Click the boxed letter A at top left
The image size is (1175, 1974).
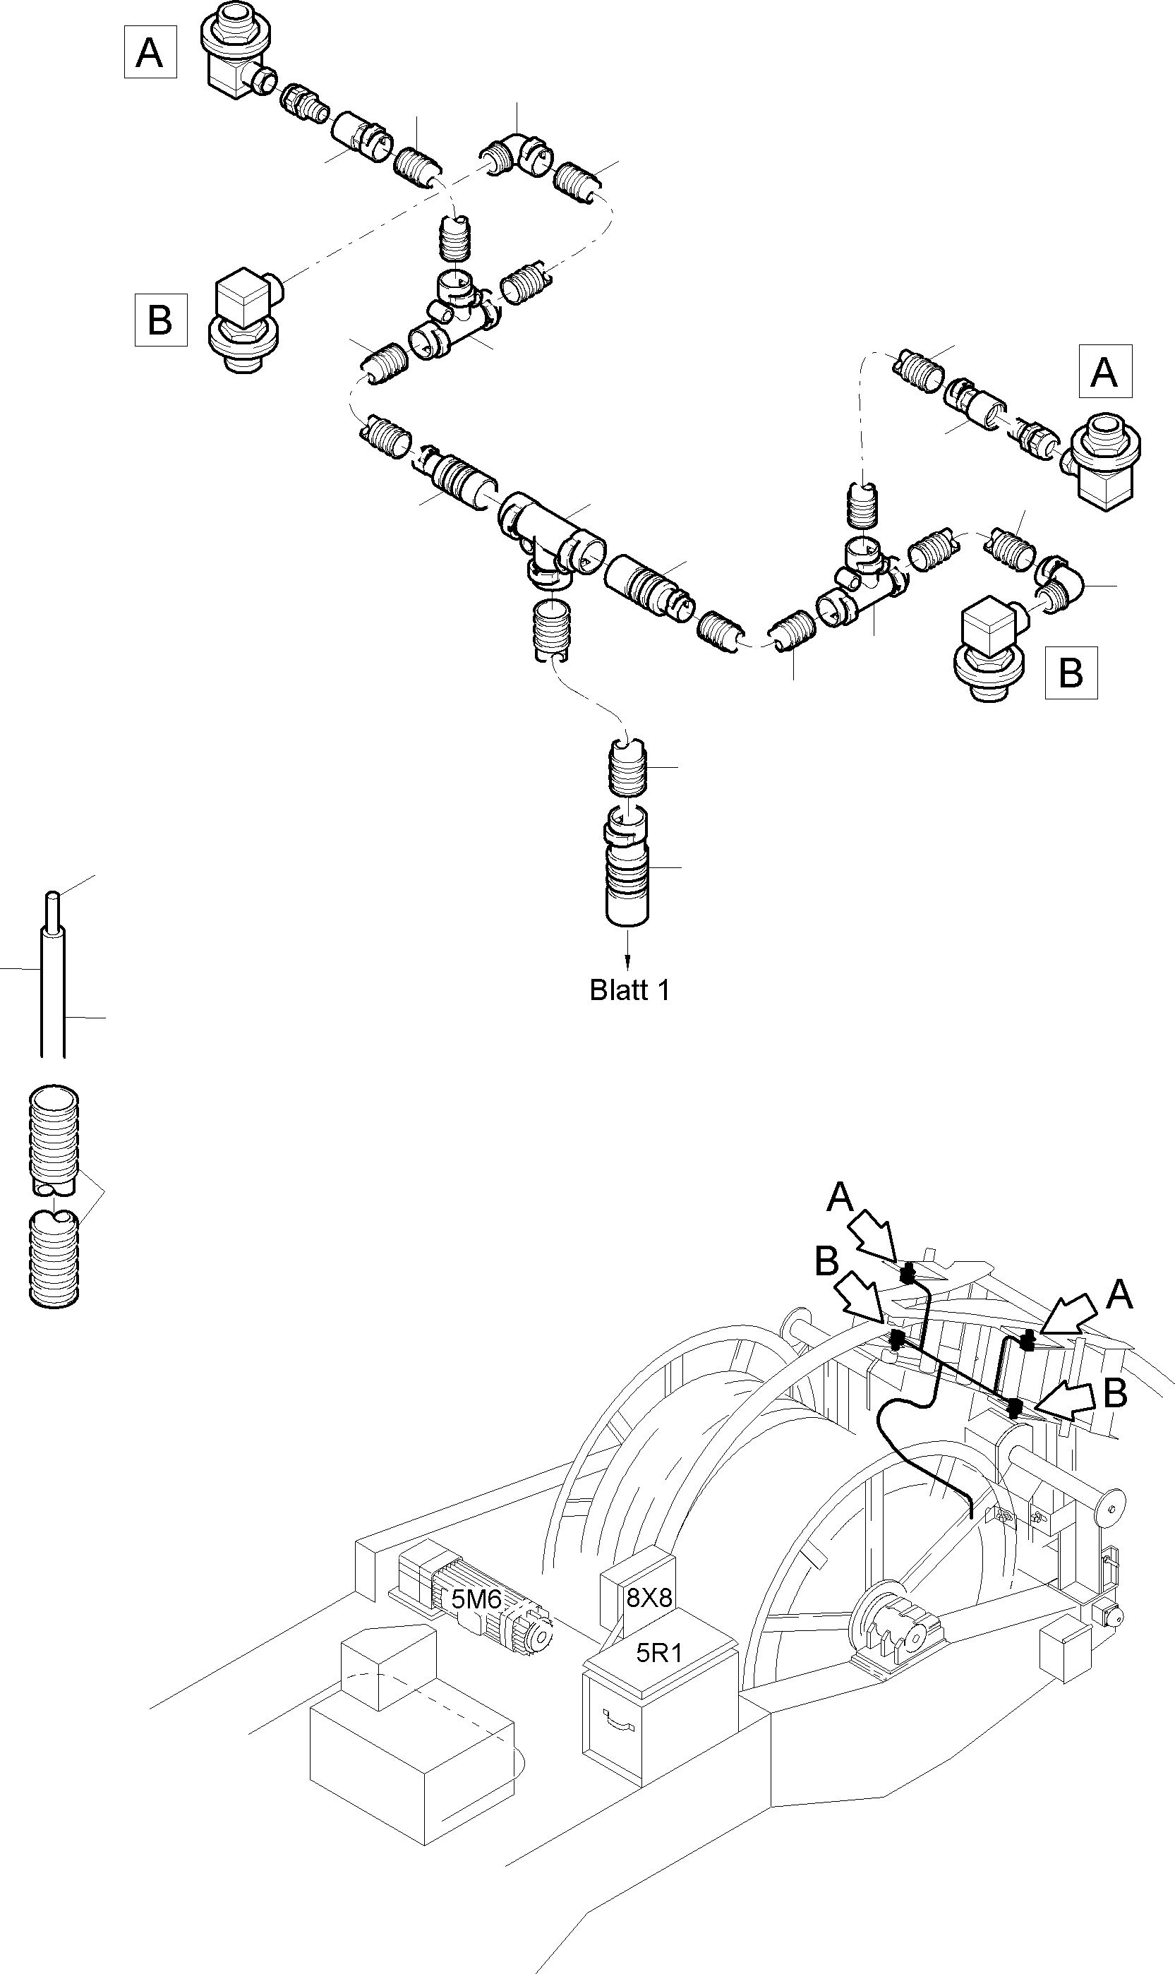point(150,52)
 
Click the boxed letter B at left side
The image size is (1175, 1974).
point(161,320)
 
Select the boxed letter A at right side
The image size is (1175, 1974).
point(1104,371)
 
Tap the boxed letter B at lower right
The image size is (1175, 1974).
point(1071,673)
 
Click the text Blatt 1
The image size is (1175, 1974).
point(629,991)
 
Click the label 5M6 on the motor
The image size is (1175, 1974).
point(476,1600)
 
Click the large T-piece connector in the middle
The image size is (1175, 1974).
point(552,538)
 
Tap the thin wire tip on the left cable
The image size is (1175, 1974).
point(52,903)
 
